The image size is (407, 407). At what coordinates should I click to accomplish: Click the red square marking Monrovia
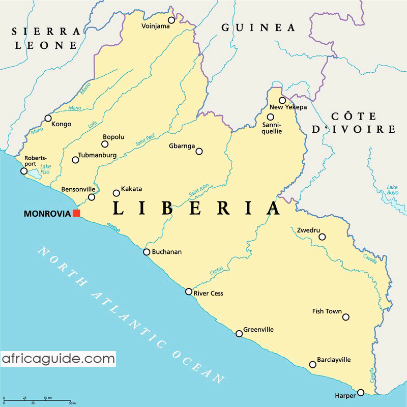tap(76, 213)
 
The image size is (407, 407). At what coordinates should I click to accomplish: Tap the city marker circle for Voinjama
tap(171, 20)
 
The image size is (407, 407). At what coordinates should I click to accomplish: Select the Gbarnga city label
tap(182, 147)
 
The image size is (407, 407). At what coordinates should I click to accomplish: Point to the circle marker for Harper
tap(361, 392)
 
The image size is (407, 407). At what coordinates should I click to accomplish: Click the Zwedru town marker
tap(322, 237)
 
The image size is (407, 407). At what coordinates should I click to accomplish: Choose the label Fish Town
tap(327, 311)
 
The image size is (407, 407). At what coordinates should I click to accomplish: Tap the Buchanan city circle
tap(147, 252)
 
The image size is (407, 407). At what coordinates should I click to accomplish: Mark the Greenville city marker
tap(239, 334)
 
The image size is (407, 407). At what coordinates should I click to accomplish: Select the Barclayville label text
tap(334, 360)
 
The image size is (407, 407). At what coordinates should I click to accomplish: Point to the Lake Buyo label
tap(392, 190)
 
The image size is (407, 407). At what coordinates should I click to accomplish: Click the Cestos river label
tap(217, 272)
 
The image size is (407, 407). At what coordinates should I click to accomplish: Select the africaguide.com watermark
tap(58, 359)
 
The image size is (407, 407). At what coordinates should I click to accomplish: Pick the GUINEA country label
tap(258, 27)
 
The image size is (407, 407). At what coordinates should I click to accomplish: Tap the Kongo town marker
tap(48, 118)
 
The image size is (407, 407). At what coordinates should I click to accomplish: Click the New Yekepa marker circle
tap(282, 100)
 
